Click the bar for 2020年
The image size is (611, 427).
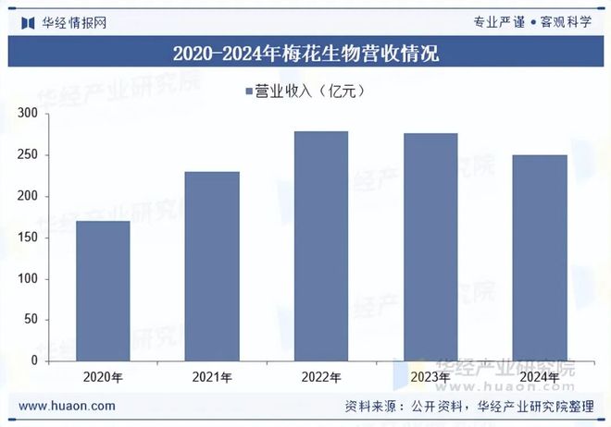[x=103, y=291]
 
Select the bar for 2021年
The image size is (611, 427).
[x=212, y=266]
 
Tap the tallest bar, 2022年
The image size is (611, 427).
[x=321, y=246]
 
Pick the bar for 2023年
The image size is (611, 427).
[x=430, y=247]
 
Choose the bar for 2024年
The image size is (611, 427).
[x=540, y=258]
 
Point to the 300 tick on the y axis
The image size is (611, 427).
[x=27, y=114]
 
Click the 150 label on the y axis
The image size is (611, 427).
[x=27, y=238]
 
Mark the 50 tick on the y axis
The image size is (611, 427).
[x=30, y=320]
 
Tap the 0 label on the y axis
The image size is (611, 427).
[x=33, y=361]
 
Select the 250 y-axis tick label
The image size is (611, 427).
[x=27, y=155]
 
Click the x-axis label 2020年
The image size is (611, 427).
[x=103, y=377]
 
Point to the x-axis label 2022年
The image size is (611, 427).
[x=321, y=377]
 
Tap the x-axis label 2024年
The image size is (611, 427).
[x=540, y=377]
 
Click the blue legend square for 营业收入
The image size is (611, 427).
[x=249, y=91]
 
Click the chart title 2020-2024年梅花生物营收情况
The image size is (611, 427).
[x=305, y=53]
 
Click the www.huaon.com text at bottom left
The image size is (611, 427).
[x=67, y=406]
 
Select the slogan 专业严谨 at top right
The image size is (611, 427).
[x=499, y=22]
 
